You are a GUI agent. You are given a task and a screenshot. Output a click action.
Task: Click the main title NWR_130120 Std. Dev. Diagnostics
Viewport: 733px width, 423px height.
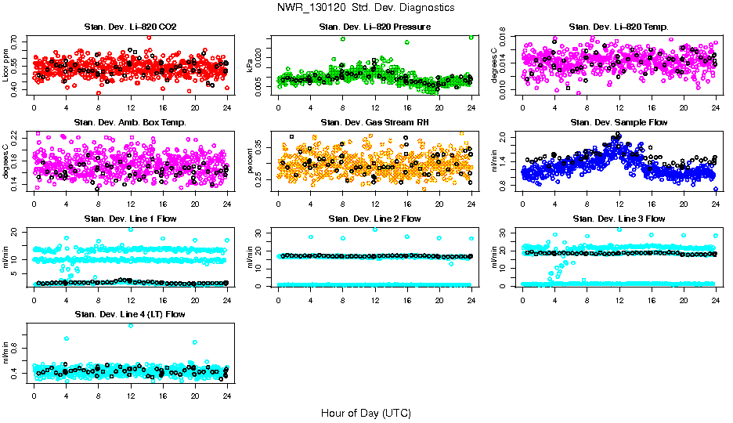pos(365,7)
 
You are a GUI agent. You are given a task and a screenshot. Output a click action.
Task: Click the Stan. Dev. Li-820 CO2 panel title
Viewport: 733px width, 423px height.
pos(130,27)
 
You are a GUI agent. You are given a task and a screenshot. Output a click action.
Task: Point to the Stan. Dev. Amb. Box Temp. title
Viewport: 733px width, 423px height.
pos(130,122)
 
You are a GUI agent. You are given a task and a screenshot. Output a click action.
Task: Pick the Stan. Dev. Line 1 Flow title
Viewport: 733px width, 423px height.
pos(130,219)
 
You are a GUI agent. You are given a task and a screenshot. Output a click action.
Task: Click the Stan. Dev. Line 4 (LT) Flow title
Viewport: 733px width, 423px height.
pos(130,314)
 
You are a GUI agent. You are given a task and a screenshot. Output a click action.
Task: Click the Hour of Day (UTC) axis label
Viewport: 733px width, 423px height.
pos(365,413)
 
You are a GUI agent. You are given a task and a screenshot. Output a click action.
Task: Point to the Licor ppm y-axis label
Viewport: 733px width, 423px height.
pos(5,64)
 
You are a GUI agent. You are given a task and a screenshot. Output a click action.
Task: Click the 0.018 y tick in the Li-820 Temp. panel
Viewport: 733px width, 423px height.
pos(504,34)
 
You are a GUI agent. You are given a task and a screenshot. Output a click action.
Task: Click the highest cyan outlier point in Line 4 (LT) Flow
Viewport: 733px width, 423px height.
pos(131,325)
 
